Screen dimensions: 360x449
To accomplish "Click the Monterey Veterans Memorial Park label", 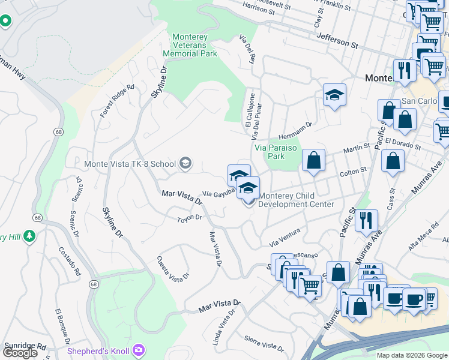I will click(x=190, y=46).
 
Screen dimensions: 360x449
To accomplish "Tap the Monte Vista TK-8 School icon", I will click(x=185, y=163).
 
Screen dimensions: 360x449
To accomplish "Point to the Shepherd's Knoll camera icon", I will click(x=139, y=349).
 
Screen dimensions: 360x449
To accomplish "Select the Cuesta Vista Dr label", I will click(x=173, y=268).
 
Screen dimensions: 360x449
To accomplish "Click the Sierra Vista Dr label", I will click(x=264, y=343).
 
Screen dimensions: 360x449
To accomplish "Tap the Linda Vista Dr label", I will click(x=221, y=328).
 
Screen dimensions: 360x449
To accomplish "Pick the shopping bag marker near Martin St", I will click(x=313, y=161).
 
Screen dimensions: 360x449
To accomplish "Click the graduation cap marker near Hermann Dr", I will click(x=334, y=95).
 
